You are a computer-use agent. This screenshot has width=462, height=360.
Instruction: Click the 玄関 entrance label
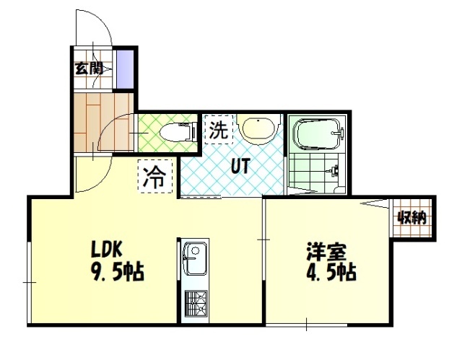pos(88,69)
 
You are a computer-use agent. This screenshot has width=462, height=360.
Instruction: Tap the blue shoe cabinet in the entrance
pos(125,69)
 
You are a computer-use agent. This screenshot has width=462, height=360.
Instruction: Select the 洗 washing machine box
pos(219,130)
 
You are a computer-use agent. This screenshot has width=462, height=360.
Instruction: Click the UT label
pos(240,166)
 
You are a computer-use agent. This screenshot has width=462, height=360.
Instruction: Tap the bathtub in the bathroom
pos(318,134)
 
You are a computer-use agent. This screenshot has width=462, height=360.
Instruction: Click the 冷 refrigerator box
pos(155,176)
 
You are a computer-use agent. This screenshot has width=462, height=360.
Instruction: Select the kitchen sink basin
pos(194,259)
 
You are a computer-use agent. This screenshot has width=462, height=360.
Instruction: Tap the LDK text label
pos(106,249)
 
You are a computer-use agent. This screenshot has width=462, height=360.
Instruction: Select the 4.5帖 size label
pos(331,272)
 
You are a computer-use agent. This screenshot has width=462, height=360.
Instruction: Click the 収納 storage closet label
pos(412,218)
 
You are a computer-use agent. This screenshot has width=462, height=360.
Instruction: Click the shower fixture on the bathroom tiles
pos(334,170)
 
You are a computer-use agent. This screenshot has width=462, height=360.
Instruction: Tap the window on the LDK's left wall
pos(29,282)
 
